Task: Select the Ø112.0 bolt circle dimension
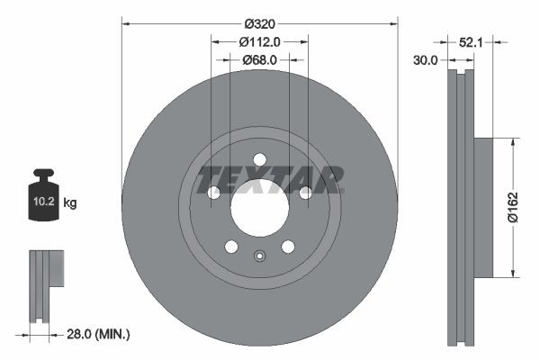click(x=261, y=41)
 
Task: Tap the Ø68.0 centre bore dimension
click(x=259, y=59)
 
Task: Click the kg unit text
click(x=70, y=203)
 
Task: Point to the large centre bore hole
click(x=259, y=208)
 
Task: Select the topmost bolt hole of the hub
click(x=259, y=160)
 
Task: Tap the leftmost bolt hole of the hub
click(x=213, y=193)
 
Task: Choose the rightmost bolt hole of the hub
click(x=305, y=193)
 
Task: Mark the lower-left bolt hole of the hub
click(x=231, y=247)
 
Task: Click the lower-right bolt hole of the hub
click(x=288, y=247)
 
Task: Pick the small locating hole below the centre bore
click(x=259, y=256)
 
